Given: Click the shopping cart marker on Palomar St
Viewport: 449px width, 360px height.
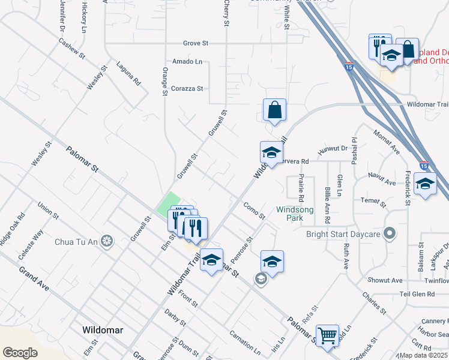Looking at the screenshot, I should tap(327, 336).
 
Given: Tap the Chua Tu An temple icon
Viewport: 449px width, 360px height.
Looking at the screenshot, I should tap(107, 241).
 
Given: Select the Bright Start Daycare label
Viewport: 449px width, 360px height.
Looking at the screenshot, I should tap(343, 234).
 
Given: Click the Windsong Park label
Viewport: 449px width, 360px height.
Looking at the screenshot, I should tap(294, 214).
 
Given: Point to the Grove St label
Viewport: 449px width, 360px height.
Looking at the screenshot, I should tap(196, 43).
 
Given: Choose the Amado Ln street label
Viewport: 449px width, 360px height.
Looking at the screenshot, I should tap(187, 62).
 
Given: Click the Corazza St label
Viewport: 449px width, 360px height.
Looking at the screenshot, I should tap(188, 88).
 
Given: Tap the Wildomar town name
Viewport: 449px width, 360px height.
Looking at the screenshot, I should tap(103, 330).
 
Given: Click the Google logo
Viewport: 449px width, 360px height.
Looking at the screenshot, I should tap(20, 352).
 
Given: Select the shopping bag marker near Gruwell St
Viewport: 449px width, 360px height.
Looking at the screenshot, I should tap(274, 110).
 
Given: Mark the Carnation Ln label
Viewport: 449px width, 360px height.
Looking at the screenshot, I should tap(245, 341).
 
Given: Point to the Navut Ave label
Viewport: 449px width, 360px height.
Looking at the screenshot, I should tap(382, 182).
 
